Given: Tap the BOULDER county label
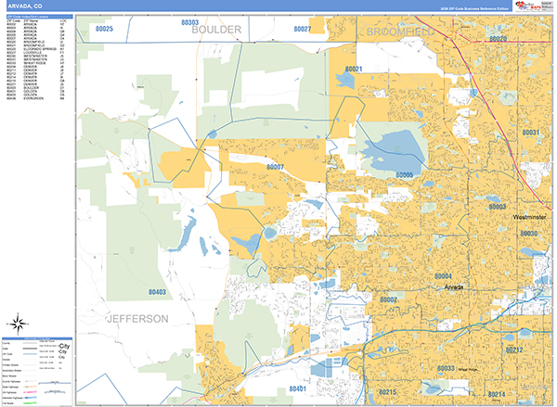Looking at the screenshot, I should coord(216,31).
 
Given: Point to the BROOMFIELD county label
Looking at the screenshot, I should coord(400,32).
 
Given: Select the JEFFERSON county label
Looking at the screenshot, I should coord(138,318).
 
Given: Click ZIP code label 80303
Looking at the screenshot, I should coord(190,21).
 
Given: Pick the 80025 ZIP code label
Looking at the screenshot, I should coord(97,30).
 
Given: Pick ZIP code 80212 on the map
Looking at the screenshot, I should coord(515,350).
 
